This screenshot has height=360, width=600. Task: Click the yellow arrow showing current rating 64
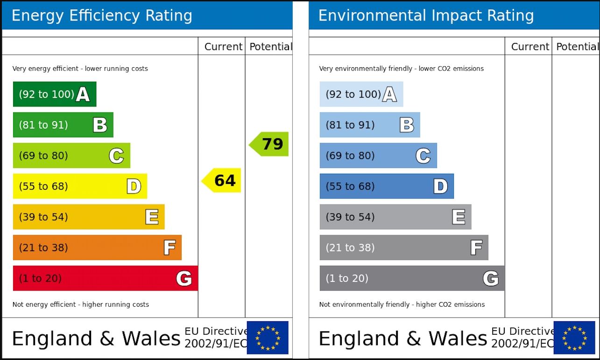[x=222, y=180]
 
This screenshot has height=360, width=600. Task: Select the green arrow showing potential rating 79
[x=269, y=144]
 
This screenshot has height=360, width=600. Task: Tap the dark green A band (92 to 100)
[x=54, y=94]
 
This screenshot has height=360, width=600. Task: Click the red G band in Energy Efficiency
[x=105, y=278]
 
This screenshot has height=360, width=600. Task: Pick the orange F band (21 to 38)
[x=97, y=247]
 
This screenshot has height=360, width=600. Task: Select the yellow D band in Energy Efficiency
[x=79, y=186]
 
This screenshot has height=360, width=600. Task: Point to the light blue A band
[x=361, y=94]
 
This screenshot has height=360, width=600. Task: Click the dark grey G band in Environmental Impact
[x=412, y=278]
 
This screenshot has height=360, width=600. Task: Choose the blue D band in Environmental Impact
[x=386, y=186]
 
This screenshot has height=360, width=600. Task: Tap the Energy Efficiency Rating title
[x=102, y=15]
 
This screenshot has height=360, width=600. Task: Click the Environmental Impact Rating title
[x=426, y=15]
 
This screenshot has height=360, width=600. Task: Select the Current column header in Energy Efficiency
[x=223, y=47]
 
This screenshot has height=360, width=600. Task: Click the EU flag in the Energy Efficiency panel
[x=268, y=338]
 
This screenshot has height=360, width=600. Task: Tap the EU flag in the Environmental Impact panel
[x=574, y=338]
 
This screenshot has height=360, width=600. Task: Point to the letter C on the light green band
[x=116, y=155]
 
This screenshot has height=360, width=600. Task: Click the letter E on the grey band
[x=459, y=217]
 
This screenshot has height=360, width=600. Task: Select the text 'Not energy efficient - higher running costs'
[x=81, y=304]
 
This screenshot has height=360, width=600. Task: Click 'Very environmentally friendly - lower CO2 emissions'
[x=401, y=69]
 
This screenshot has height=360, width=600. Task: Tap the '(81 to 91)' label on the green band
[x=43, y=125]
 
